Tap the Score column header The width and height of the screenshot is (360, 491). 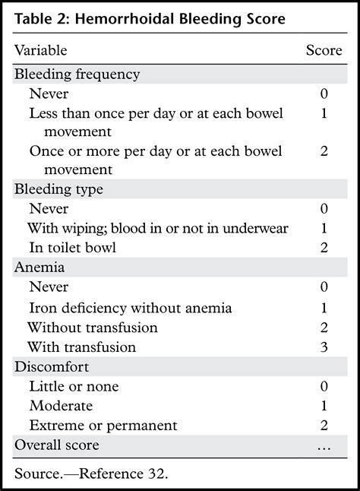tap(324, 51)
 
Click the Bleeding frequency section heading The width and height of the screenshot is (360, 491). tap(77, 74)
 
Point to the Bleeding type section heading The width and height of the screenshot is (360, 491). tap(58, 188)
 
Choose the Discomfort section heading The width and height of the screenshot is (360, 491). tap(49, 367)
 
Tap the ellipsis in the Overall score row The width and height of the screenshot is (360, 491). tap(324, 446)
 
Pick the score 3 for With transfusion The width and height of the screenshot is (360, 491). tap(324, 347)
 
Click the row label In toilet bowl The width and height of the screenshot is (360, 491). tap(72, 248)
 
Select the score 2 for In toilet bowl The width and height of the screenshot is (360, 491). tap(324, 248)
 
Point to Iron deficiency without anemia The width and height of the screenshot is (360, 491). tap(130, 308)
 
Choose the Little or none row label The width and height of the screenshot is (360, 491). tap(74, 387)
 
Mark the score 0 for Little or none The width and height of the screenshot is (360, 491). tap(324, 387)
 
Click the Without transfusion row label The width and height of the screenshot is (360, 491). tap(93, 328)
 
